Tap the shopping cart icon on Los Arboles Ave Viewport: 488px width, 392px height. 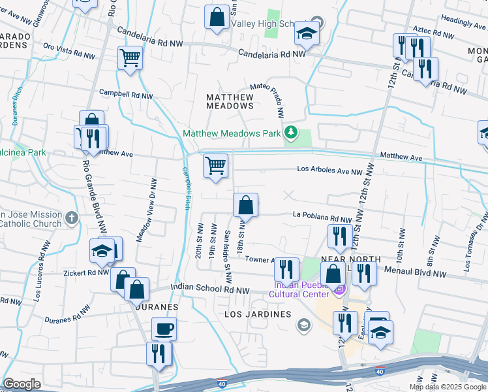pyautogui.click(x=215, y=166)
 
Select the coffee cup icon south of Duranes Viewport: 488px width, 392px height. pyautogui.click(x=164, y=329)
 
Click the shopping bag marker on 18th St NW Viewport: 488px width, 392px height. pyautogui.click(x=245, y=205)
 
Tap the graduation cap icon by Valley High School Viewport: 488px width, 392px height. pyautogui.click(x=306, y=33)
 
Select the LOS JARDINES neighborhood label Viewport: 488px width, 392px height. pyautogui.click(x=257, y=314)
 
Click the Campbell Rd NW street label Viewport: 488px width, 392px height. pyautogui.click(x=126, y=95)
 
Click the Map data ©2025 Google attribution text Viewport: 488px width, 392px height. pyautogui.click(x=448, y=387)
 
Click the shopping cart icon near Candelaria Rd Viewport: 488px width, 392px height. pyautogui.click(x=130, y=58)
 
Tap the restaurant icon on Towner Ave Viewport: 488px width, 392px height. pyautogui.click(x=286, y=269)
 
